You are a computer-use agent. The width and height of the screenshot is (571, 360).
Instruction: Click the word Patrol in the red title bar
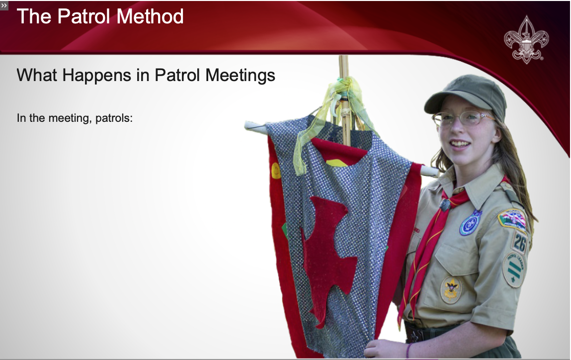[x=84, y=16]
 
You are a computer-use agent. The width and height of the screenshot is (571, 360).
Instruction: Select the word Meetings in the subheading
[x=240, y=76]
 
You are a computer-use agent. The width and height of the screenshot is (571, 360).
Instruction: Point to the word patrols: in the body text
[x=114, y=118]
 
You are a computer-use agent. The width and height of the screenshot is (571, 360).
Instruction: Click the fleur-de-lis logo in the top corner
[x=526, y=39]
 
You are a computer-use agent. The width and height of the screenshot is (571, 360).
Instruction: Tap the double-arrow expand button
[x=4, y=5]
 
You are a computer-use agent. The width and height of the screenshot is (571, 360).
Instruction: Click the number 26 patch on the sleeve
[x=519, y=242]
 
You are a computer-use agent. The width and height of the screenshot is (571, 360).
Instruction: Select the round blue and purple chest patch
[x=471, y=223]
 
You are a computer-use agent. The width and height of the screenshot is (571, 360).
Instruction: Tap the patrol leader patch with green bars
[x=514, y=270]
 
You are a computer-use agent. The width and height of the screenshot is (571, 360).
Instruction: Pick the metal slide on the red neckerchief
[x=445, y=204]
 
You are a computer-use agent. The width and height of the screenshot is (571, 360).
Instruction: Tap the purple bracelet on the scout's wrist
[x=408, y=350]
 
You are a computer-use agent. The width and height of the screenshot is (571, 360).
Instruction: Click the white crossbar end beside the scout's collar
[x=430, y=171]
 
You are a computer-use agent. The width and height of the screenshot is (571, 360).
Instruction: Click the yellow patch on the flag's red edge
[x=276, y=171]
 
